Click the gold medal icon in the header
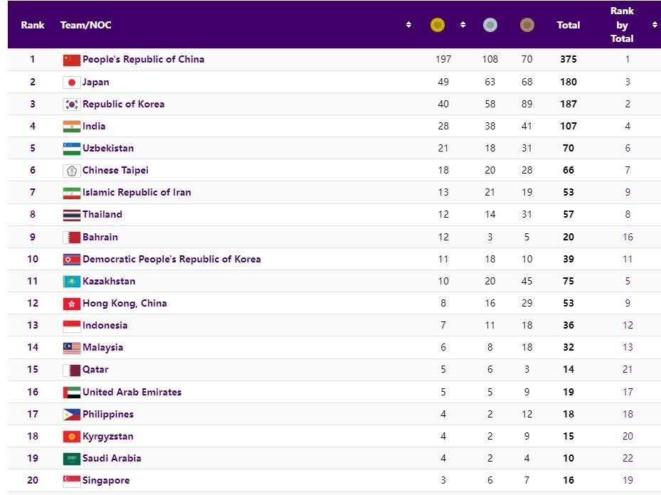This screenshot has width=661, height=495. [x=438, y=26]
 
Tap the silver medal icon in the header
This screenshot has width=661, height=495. [x=490, y=26]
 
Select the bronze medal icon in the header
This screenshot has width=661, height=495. [x=527, y=26]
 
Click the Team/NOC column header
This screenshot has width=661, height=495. [x=86, y=26]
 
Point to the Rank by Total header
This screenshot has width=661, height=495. [x=622, y=25]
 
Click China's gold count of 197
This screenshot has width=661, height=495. [x=443, y=60]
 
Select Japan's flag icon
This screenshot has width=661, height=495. [x=71, y=82]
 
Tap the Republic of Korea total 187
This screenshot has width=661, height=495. [x=569, y=105]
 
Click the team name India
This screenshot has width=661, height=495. [x=94, y=127]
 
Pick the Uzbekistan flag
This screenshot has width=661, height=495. [x=71, y=149]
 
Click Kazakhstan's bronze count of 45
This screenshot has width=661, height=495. [x=527, y=281]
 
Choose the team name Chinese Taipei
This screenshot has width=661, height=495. [x=115, y=171]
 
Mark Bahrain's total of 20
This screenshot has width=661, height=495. [x=569, y=237]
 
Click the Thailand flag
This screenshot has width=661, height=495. [x=71, y=215]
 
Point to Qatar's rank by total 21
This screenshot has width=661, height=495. [x=628, y=370]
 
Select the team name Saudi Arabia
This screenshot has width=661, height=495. [x=112, y=458]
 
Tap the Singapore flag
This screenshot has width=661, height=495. [x=71, y=481]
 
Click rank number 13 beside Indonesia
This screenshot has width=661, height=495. [x=33, y=325]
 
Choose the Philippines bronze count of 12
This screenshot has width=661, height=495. [x=527, y=414]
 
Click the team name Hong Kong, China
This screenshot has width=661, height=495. [x=125, y=303]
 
